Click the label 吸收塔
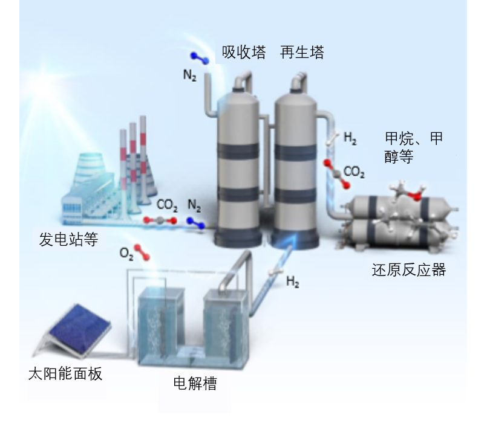(243, 52)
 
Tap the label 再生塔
(302, 52)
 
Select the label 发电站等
(68, 239)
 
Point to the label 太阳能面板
(65, 374)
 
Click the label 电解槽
(195, 383)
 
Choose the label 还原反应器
(409, 270)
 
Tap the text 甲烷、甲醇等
(413, 147)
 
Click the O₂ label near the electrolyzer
(126, 254)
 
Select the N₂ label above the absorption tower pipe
(190, 76)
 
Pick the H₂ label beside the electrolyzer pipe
(293, 282)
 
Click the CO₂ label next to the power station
(167, 205)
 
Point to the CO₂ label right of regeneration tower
(354, 172)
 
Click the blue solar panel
(79, 329)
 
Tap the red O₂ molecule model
(142, 252)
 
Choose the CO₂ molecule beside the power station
(160, 220)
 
